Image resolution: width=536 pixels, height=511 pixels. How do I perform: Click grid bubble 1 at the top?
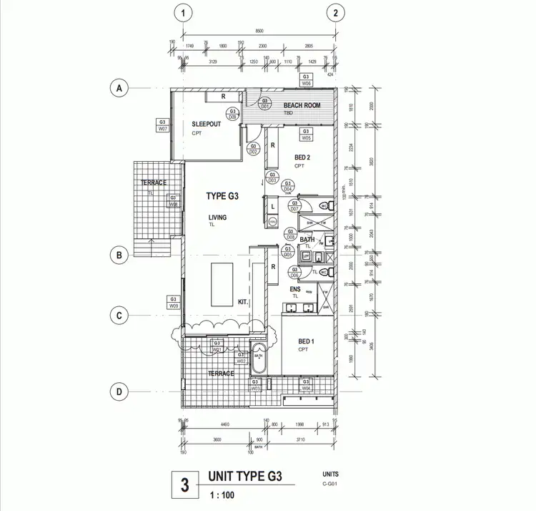[184, 13]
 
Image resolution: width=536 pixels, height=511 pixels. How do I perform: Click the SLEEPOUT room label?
[206, 124]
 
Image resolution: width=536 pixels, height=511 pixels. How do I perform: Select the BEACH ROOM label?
[302, 105]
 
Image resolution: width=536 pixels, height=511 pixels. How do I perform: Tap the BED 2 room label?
[302, 157]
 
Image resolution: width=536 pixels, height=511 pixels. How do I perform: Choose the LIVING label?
[217, 218]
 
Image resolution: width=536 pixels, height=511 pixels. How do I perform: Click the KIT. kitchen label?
[242, 302]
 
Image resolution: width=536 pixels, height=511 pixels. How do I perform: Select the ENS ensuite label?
[294, 289]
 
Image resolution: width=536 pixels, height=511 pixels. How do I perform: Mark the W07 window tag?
[163, 125]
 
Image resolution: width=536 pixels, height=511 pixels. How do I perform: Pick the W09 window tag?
[173, 302]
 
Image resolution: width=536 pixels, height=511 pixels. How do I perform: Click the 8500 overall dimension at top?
[259, 31]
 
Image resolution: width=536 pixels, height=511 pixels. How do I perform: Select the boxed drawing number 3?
[184, 486]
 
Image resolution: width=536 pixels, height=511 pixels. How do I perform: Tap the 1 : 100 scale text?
[222, 495]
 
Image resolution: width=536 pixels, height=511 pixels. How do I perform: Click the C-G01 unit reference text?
[330, 485]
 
